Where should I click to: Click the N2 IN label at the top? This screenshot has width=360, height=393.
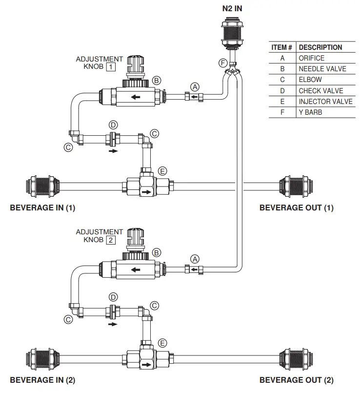click(232, 8)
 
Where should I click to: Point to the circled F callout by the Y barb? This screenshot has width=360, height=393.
click(223, 63)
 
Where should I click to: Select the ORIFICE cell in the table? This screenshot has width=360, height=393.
click(311, 58)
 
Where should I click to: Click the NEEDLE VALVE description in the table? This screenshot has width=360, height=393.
click(322, 69)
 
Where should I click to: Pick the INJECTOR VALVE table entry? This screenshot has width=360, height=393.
click(325, 102)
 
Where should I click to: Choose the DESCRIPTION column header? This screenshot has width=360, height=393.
click(320, 47)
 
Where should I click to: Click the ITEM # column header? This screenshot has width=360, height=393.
click(281, 47)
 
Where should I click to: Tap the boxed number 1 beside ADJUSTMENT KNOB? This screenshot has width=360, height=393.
click(111, 66)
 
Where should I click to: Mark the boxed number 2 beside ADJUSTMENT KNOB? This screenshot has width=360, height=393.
click(111, 240)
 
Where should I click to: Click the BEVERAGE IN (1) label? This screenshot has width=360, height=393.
click(43, 207)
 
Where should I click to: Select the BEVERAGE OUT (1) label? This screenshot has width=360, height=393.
click(297, 207)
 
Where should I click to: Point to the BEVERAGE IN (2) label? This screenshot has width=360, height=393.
click(43, 380)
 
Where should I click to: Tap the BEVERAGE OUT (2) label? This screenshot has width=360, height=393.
click(297, 380)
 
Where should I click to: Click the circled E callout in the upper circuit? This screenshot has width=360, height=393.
click(162, 171)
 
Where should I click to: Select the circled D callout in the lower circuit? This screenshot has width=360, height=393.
click(113, 296)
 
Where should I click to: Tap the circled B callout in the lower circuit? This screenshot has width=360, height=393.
click(157, 252)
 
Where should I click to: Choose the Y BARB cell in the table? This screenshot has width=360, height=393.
click(310, 112)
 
